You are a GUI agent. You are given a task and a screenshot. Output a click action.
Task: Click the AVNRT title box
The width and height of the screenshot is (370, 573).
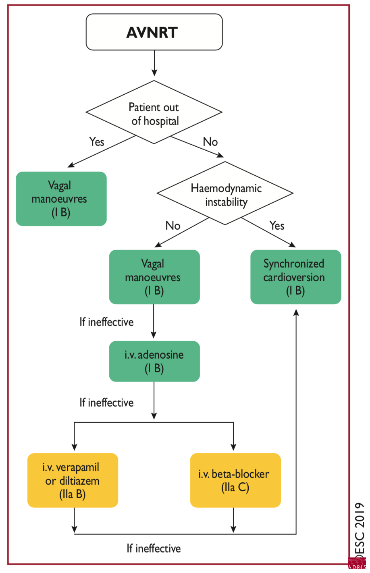tap(154, 32)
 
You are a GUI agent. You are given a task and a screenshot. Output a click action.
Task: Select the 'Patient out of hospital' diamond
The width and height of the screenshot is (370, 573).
tap(154, 113)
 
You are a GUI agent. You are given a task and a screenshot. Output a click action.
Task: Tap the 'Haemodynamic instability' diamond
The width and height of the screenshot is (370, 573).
tap(225, 194)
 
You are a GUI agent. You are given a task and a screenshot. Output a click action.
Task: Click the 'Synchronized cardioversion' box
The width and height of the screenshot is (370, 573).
tap(295, 277)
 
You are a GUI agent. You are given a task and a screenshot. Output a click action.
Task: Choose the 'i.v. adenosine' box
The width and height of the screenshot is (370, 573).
tap(154, 361)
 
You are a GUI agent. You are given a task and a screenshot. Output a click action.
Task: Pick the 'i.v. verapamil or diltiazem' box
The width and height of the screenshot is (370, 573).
tap(73, 480)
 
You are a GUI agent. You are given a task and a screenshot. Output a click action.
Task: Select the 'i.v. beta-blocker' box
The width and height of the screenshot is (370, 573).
tap(235, 480)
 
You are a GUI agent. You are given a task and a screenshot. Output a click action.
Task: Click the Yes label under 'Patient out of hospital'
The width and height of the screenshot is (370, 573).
tap(97, 142)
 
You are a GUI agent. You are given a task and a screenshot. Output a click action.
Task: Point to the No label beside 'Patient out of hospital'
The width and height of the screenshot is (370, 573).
tap(210, 142)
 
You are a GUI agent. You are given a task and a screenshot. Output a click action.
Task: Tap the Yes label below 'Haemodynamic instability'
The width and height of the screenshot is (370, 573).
tap(277, 226)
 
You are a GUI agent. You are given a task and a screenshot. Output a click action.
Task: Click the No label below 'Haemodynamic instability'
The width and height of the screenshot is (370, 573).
tap(173, 226)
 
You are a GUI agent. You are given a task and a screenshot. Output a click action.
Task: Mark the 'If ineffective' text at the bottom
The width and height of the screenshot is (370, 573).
tap(154, 548)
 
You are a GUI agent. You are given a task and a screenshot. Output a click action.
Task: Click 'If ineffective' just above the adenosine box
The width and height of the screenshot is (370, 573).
tap(106, 322)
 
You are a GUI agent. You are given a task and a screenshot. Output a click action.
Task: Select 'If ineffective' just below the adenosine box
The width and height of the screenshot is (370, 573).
tap(106, 403)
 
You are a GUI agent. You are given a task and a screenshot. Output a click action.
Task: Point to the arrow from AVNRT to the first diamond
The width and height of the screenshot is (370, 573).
tap(154, 63)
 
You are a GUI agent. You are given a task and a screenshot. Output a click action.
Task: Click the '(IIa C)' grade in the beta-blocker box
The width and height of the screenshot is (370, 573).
tap(235, 488)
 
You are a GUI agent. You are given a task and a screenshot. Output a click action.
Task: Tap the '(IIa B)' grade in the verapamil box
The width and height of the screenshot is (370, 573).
tap(73, 494)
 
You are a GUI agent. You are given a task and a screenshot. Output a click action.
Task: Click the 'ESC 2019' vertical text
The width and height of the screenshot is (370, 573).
tap(360, 528)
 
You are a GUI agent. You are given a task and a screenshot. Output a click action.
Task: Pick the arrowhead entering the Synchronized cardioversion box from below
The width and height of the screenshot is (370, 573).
tap(296, 312)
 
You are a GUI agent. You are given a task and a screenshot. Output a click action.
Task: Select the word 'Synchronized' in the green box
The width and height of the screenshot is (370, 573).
tap(294, 264)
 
